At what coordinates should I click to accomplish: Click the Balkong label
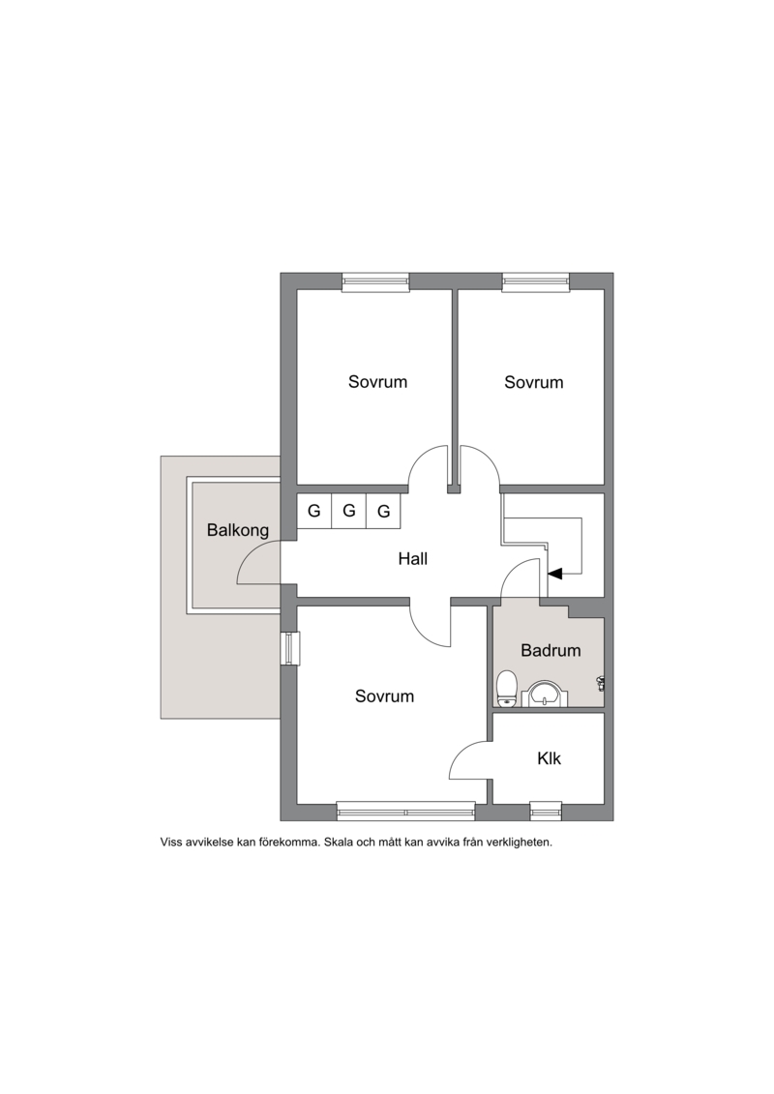coord(238,530)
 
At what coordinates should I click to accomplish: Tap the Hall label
coord(412,558)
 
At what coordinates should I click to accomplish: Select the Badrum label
coord(551,650)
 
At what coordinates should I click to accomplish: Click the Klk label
coord(549,758)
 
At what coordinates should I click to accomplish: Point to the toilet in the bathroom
coord(506,689)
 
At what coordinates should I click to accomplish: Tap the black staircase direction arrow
coord(555,574)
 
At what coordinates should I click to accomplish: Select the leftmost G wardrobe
coord(314,511)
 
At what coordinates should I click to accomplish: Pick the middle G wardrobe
coord(349,511)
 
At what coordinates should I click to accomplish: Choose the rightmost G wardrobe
coord(383,512)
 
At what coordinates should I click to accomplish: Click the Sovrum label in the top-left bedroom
coord(377,382)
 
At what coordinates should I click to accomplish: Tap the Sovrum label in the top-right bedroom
coord(534,382)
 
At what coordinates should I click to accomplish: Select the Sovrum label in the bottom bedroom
coord(384,695)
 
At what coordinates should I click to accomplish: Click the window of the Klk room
coord(546,810)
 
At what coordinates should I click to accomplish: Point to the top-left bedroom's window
coord(375,281)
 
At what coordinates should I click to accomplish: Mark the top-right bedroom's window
coord(536,281)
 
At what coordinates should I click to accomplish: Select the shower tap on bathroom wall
coord(600,683)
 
